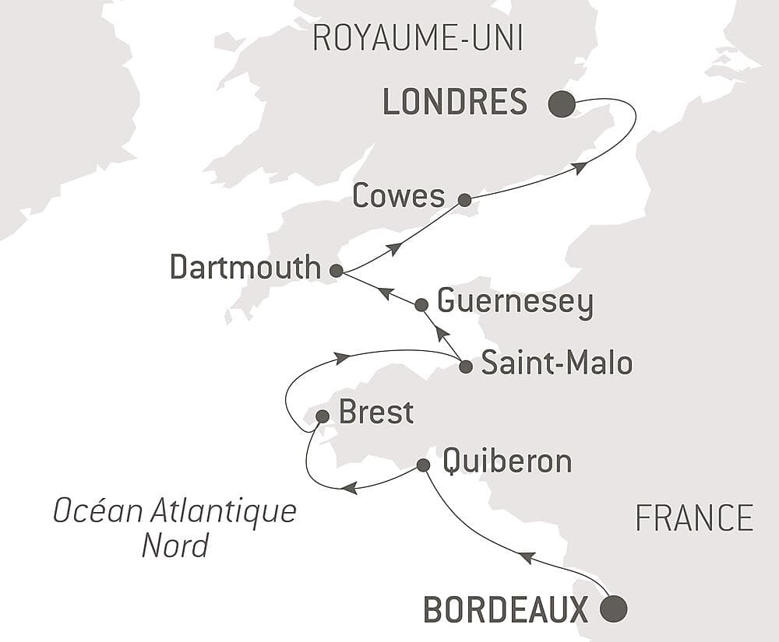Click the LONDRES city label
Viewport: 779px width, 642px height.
tap(455, 103)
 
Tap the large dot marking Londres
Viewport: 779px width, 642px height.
tap(562, 104)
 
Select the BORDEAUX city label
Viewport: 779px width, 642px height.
tap(506, 609)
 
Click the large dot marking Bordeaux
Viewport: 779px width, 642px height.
tap(614, 609)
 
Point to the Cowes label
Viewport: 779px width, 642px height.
tap(398, 196)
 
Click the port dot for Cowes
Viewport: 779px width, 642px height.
tap(464, 200)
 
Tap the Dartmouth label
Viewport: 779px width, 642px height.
tap(245, 268)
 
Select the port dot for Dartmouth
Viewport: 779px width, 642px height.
tap(336, 271)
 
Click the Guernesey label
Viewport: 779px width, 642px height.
tap(515, 302)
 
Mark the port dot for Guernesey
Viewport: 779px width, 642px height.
tap(421, 304)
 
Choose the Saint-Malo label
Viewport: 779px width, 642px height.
tap(556, 363)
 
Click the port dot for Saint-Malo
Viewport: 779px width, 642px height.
tap(465, 367)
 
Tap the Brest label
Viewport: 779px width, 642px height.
tap(375, 412)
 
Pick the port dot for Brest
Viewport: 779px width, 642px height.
tap(322, 417)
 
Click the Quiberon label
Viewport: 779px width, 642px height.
tap(506, 461)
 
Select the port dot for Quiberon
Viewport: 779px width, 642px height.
tap(423, 465)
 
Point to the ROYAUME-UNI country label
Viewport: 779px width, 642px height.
tap(417, 38)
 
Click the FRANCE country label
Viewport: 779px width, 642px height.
tap(694, 518)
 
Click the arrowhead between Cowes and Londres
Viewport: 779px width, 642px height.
tap(579, 167)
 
